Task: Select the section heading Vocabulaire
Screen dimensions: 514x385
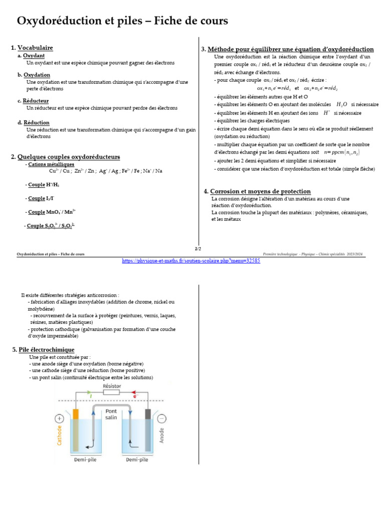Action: pyautogui.click(x=35, y=48)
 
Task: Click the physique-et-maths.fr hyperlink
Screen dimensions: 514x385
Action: pyautogui.click(x=191, y=261)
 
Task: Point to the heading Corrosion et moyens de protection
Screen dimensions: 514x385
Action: pyautogui.click(x=260, y=191)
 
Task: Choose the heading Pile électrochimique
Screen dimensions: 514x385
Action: pyautogui.click(x=47, y=349)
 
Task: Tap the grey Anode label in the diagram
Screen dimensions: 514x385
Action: pyautogui.click(x=161, y=435)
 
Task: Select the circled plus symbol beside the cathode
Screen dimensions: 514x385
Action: pyautogui.click(x=60, y=418)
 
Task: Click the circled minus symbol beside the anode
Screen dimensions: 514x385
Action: pyautogui.click(x=161, y=418)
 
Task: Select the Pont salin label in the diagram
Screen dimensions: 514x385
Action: pyautogui.click(x=111, y=414)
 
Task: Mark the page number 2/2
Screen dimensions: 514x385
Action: pyautogui.click(x=198, y=249)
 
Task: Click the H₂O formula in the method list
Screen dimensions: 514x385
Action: pyautogui.click(x=341, y=104)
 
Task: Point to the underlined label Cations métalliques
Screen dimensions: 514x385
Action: pyautogui.click(x=51, y=164)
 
